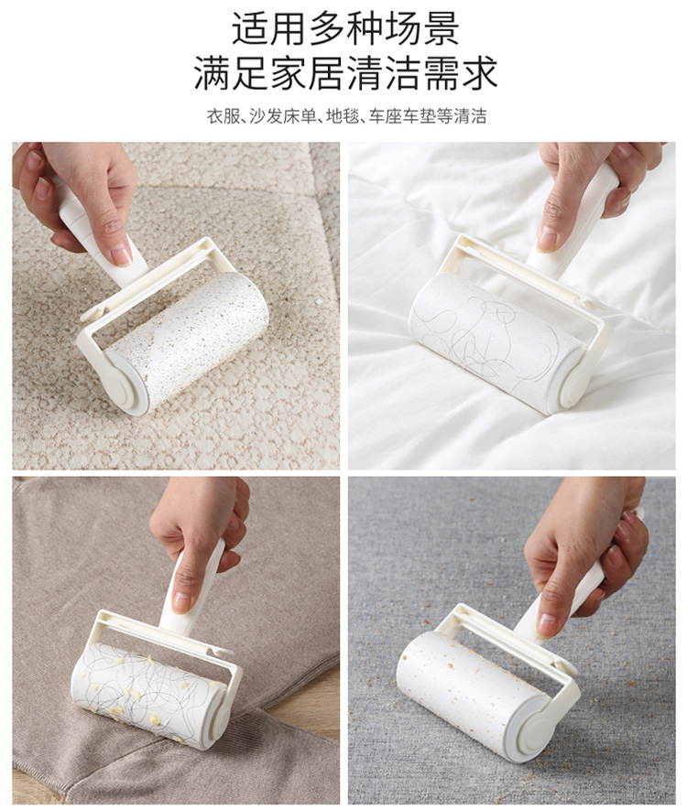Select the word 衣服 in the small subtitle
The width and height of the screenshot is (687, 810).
[223, 116]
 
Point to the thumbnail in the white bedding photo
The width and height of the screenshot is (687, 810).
[547, 239]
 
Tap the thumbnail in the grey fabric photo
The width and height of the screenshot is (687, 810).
[547, 624]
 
